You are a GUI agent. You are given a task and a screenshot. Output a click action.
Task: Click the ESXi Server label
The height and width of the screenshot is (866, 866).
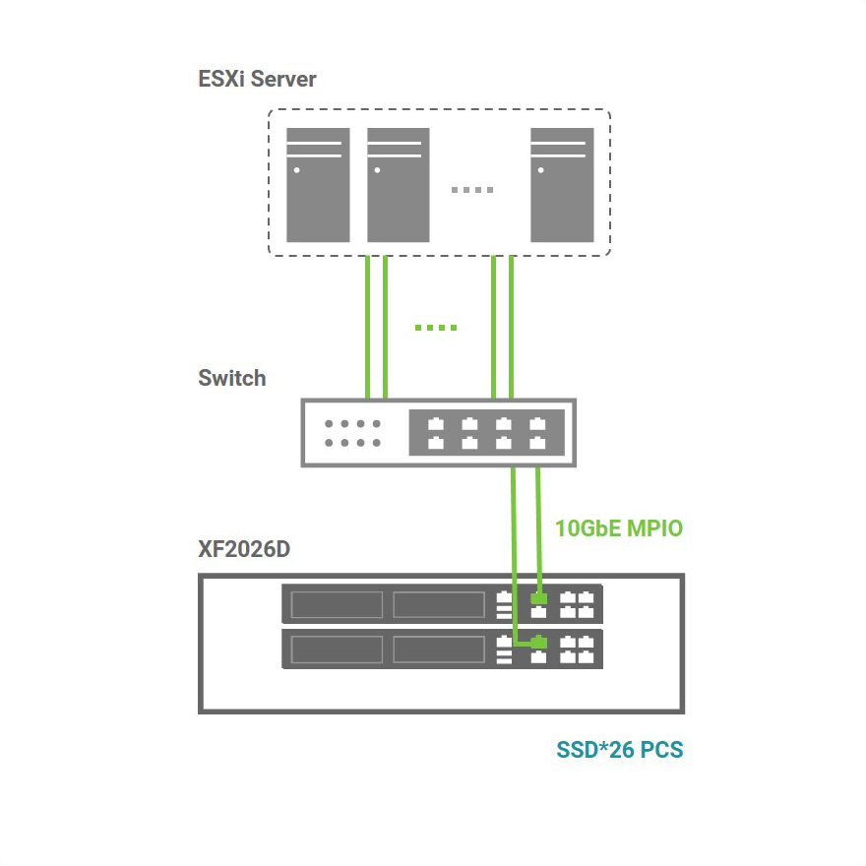coord(257,80)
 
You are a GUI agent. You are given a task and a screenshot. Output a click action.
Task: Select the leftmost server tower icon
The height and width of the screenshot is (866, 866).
coord(318,184)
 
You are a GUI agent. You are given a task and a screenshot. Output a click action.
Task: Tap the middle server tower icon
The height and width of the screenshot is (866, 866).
coord(398,184)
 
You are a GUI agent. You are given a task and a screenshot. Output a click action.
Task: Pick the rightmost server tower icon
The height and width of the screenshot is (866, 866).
coord(562,184)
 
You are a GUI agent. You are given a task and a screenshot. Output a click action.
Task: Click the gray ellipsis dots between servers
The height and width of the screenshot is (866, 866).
coord(472,190)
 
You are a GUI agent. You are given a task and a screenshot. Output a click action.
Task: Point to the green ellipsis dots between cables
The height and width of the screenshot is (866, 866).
coord(436,328)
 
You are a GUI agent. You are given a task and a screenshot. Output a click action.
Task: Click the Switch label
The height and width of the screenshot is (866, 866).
coord(231,378)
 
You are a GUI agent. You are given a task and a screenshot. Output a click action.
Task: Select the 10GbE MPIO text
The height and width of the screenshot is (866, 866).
coord(618,528)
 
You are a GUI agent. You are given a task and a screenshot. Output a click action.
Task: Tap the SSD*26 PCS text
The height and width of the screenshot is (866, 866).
coord(619,750)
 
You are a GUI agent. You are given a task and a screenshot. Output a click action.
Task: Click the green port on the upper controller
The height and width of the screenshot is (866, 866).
coord(538,598)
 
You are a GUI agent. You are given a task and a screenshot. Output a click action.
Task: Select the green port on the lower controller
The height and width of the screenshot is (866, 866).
coord(538,644)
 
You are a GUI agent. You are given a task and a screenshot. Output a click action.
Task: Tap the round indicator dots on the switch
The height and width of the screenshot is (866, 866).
coord(352,433)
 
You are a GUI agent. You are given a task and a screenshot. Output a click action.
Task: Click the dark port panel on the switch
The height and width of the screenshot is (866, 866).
coord(486,433)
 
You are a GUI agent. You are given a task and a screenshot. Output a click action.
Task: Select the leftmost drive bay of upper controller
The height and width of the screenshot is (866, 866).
coord(337,604)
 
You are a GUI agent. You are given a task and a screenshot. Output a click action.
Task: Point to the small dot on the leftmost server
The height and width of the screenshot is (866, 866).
coord(296,169)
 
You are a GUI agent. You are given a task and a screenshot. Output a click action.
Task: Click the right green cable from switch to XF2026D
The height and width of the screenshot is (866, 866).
coord(537,526)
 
